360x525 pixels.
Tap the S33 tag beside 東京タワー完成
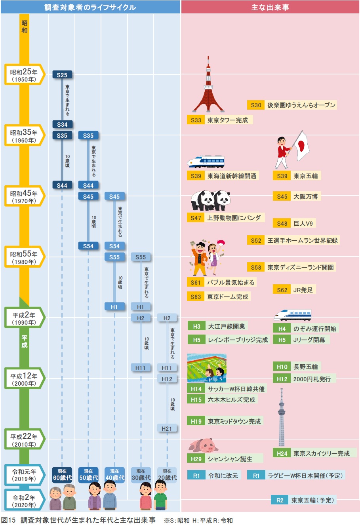click(x=196, y=120)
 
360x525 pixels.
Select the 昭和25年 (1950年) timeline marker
click(x=24, y=74)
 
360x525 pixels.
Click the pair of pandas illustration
click(x=210, y=200)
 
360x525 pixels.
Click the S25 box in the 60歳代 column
click(x=62, y=75)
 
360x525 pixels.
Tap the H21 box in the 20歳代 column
click(x=167, y=428)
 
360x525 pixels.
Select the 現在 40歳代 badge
click(x=114, y=475)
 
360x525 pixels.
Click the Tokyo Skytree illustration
click(x=282, y=418)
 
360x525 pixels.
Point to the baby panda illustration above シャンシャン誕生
click(x=204, y=445)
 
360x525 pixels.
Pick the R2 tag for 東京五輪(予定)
click(x=280, y=500)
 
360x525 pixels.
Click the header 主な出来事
click(x=270, y=7)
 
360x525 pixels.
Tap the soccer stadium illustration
click(x=207, y=368)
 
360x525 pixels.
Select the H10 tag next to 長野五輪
click(x=282, y=367)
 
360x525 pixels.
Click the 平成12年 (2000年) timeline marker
click(x=24, y=379)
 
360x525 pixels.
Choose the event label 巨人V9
click(x=303, y=223)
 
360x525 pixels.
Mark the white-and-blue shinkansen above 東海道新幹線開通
click(x=206, y=162)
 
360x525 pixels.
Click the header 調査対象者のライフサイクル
click(x=90, y=7)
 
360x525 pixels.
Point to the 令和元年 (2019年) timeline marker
click(x=24, y=475)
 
